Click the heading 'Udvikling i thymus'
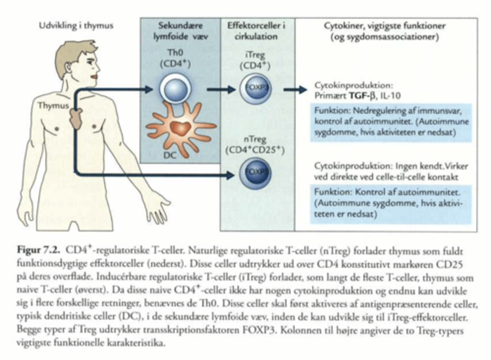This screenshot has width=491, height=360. [x=76, y=26]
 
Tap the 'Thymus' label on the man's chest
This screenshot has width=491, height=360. [x=53, y=106]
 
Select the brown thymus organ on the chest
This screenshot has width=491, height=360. [x=75, y=118]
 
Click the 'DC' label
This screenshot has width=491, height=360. [x=170, y=155]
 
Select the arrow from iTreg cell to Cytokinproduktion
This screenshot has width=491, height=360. [x=295, y=90]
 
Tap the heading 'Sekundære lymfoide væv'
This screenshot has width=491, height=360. [x=180, y=31]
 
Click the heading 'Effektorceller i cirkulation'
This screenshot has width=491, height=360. [x=256, y=31]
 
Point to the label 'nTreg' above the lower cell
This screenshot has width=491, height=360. [x=255, y=139]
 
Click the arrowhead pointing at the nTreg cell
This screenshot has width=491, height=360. [x=230, y=175]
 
